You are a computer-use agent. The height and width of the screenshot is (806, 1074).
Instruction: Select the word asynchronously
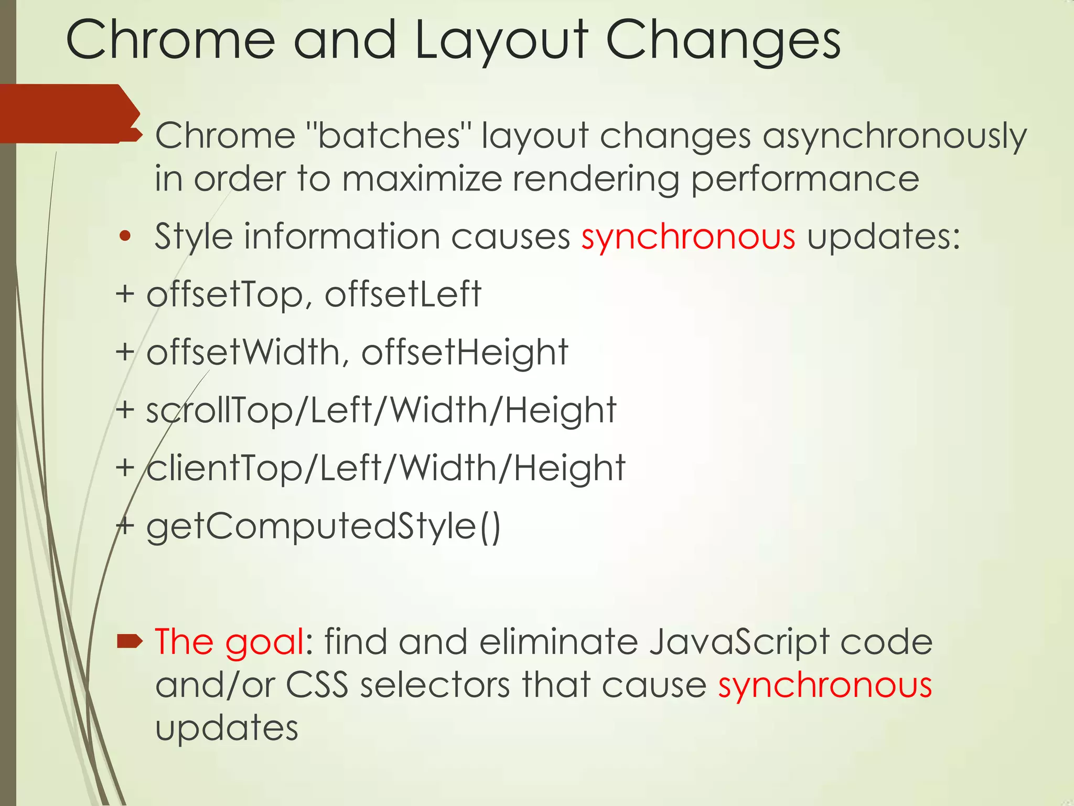(894, 136)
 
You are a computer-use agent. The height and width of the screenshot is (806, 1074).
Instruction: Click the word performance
(804, 179)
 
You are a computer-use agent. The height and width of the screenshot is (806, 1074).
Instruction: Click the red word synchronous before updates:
(688, 237)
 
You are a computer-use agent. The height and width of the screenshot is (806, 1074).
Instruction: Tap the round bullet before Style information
(124, 237)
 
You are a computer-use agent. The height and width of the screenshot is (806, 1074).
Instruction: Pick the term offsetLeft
(403, 295)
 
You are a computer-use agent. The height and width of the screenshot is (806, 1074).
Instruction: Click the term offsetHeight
(465, 353)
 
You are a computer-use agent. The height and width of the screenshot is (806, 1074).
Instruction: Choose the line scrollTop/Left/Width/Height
(381, 410)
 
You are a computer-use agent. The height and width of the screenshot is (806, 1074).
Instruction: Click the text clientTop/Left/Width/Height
(385, 468)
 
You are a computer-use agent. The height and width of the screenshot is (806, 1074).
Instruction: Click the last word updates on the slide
(227, 728)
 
